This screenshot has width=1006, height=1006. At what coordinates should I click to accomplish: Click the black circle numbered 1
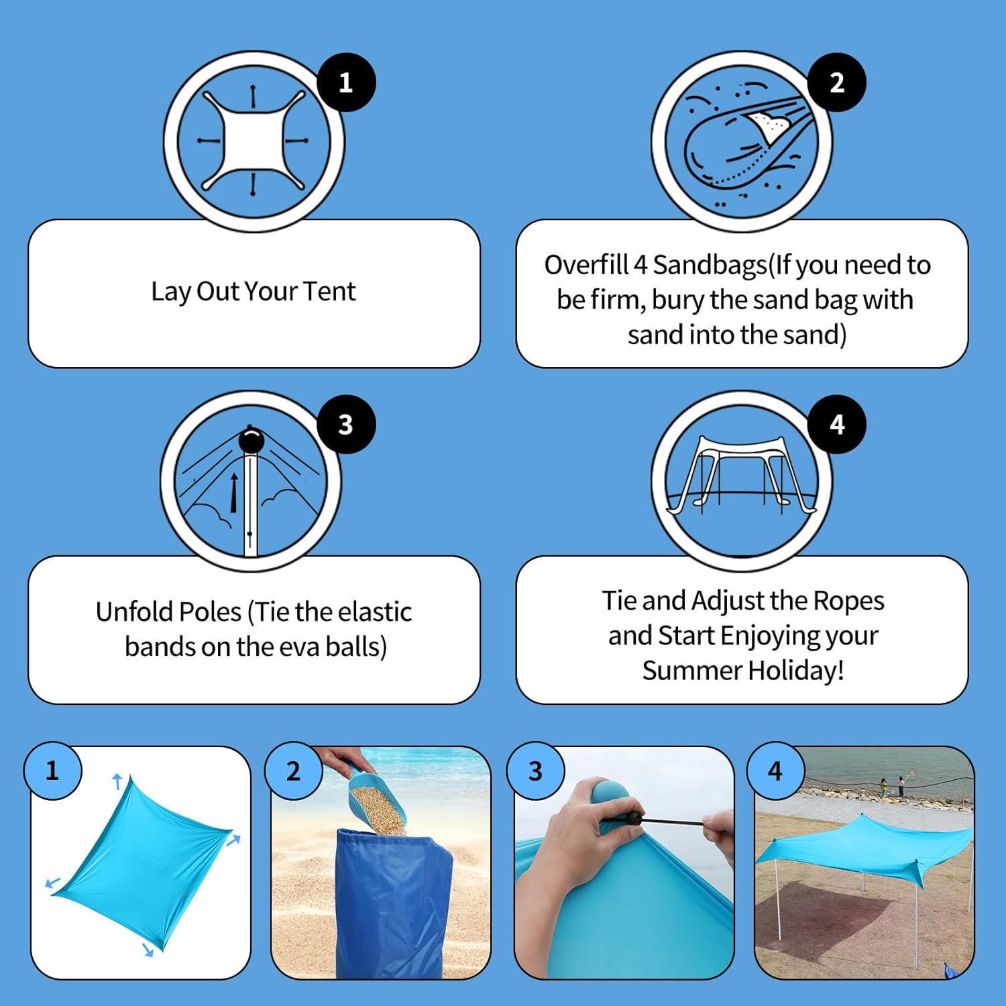pyautogui.click(x=346, y=82)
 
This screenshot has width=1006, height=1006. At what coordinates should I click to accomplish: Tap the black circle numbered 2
pyautogui.click(x=837, y=82)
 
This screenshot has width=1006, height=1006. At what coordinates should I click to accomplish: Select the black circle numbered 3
pyautogui.click(x=346, y=425)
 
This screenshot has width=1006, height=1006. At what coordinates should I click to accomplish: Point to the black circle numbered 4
pyautogui.click(x=837, y=425)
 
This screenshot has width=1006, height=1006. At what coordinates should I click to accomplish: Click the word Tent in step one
pyautogui.click(x=329, y=291)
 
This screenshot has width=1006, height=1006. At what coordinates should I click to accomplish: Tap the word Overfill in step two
pyautogui.click(x=587, y=265)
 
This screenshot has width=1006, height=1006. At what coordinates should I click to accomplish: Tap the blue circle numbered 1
pyautogui.click(x=53, y=771)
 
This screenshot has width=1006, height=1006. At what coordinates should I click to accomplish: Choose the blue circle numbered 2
pyautogui.click(x=294, y=771)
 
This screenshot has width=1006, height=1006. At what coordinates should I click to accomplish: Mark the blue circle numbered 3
pyautogui.click(x=535, y=771)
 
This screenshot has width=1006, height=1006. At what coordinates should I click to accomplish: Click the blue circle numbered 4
pyautogui.click(x=775, y=771)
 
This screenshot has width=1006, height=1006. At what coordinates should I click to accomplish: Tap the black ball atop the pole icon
pyautogui.click(x=251, y=441)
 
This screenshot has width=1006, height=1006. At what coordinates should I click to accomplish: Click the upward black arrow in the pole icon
pyautogui.click(x=234, y=493)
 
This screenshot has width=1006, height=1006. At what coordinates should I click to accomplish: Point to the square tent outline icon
pyautogui.click(x=254, y=141)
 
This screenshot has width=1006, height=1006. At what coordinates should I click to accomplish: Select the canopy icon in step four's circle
pyautogui.click(x=742, y=475)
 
